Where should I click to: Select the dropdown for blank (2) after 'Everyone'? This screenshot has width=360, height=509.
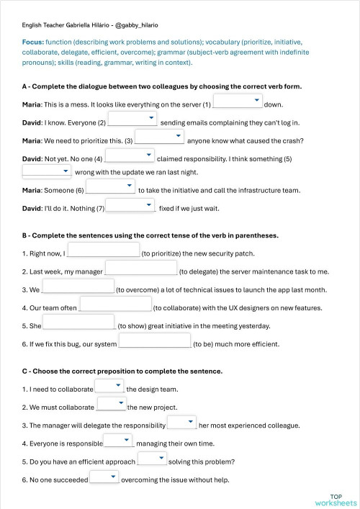point(132,119)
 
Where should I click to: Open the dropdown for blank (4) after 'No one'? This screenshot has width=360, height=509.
point(130,155)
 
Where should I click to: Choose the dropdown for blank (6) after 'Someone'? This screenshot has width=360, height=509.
point(111,187)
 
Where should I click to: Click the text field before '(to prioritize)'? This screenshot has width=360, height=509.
point(103,250)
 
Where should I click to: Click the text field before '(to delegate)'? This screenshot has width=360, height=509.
point(142,268)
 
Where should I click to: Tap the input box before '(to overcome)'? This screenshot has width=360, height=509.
point(78,287)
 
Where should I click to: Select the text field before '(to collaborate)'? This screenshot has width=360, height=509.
point(115,305)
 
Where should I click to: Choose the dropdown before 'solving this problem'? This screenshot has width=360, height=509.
point(152,459)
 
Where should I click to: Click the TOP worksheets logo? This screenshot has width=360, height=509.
point(336,500)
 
